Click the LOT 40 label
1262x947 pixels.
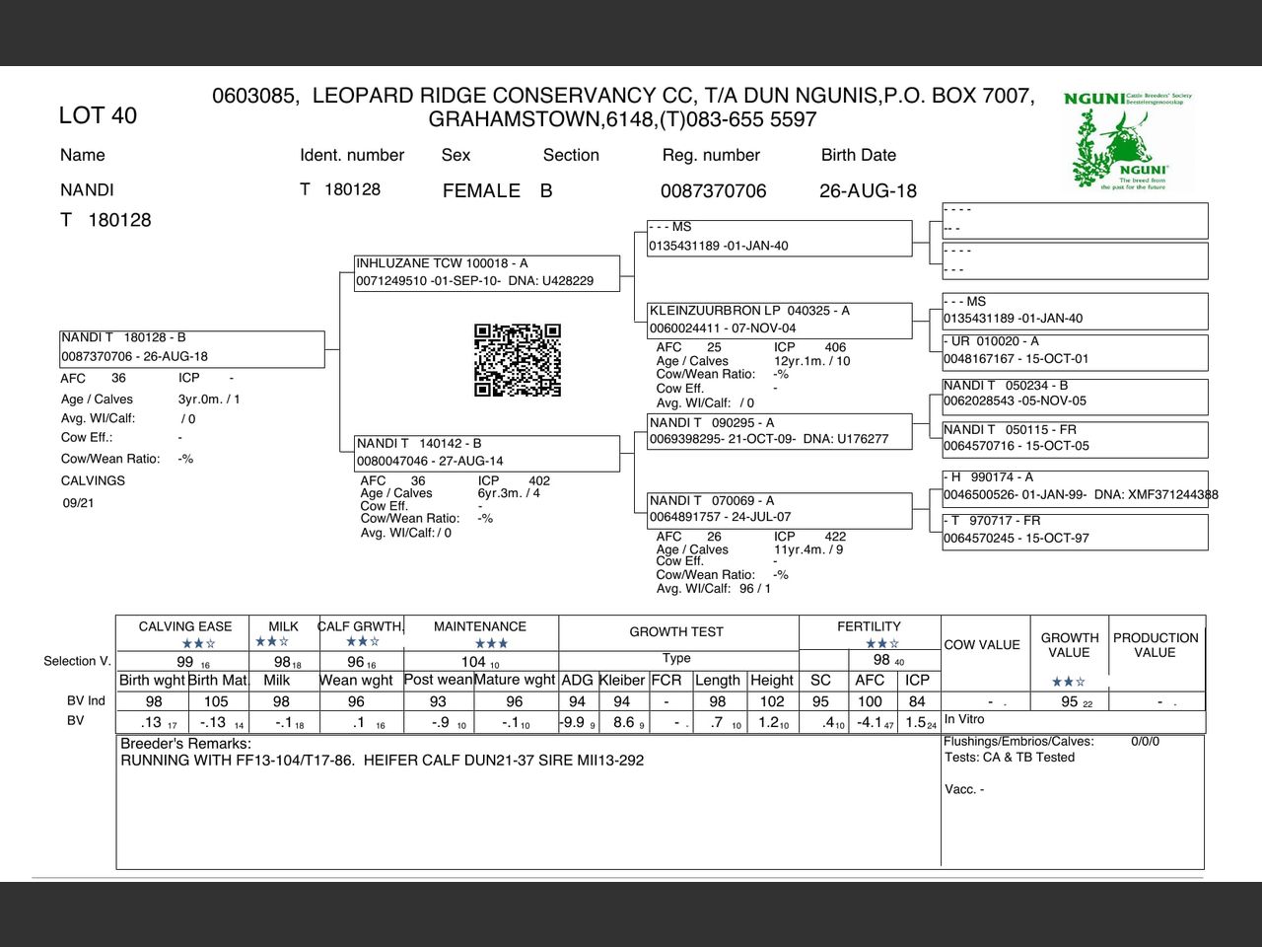pyautogui.click(x=98, y=115)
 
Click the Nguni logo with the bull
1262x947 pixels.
pyautogui.click(x=1128, y=140)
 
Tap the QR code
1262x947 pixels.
pyautogui.click(x=518, y=359)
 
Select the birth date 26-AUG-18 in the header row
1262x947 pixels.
pyautogui.click(x=868, y=190)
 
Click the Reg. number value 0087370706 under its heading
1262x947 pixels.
pyautogui.click(x=713, y=190)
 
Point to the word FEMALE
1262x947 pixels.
pyautogui.click(x=481, y=190)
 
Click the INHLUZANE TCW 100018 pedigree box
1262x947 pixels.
pyautogui.click(x=487, y=272)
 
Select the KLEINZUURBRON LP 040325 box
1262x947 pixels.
pyautogui.click(x=779, y=320)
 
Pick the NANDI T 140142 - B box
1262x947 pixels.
pyautogui.click(x=487, y=453)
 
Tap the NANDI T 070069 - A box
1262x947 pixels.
pyautogui.click(x=779, y=509)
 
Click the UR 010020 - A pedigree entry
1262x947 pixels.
pyautogui.click(x=1075, y=350)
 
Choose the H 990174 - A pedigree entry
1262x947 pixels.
pyautogui.click(x=1075, y=485)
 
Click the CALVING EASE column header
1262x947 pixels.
pyautogui.click(x=185, y=626)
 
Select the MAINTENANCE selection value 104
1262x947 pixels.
pyautogui.click(x=474, y=662)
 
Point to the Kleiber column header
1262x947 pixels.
pyautogui.click(x=622, y=680)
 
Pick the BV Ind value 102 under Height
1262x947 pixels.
pyautogui.click(x=772, y=701)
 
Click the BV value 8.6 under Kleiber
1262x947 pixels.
pyautogui.click(x=624, y=722)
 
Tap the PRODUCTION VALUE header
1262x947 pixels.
pyautogui.click(x=1156, y=645)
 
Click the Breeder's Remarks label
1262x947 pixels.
pyautogui.click(x=185, y=743)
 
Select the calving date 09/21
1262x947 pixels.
pyautogui.click(x=78, y=503)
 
